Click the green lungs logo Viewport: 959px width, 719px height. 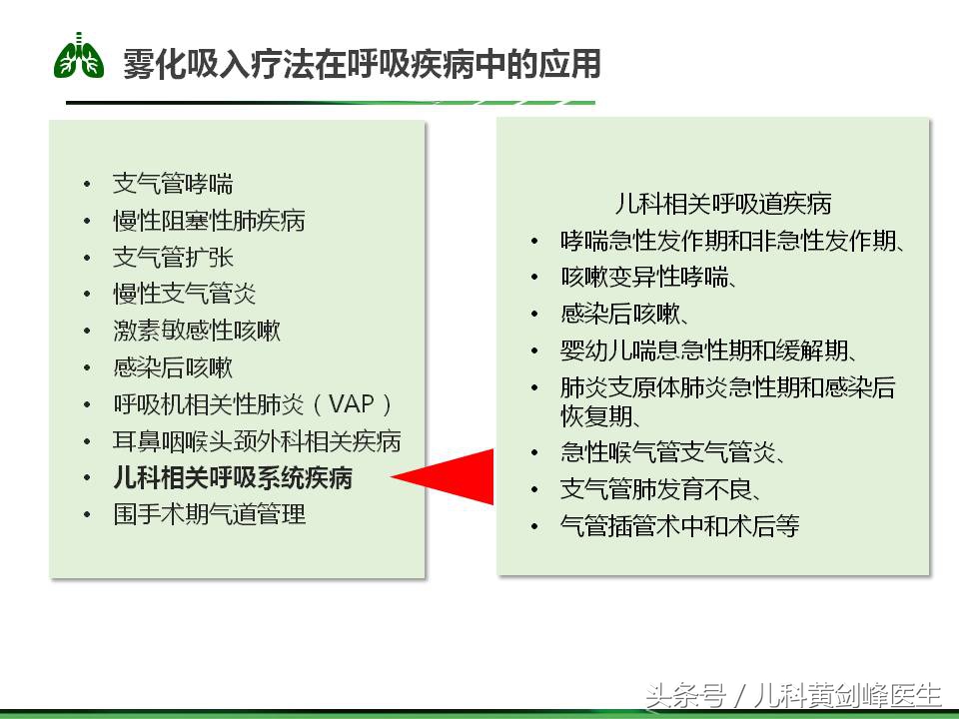click(79, 57)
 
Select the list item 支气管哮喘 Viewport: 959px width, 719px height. click(173, 184)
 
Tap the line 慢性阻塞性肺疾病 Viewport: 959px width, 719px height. click(209, 221)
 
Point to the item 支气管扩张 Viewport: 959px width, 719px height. click(173, 258)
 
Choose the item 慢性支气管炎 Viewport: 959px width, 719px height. click(185, 295)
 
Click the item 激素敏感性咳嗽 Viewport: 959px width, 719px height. click(197, 331)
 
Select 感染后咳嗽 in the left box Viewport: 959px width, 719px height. click(173, 367)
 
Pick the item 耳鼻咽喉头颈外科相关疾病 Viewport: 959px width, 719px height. click(257, 441)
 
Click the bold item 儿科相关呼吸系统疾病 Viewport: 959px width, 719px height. click(233, 477)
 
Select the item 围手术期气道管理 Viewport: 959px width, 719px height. click(209, 514)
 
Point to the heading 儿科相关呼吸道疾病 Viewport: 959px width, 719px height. click(723, 204)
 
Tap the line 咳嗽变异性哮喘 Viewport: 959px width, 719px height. click(649, 278)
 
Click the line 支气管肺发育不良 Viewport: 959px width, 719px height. click(662, 489)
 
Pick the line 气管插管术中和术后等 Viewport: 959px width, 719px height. click(679, 526)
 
